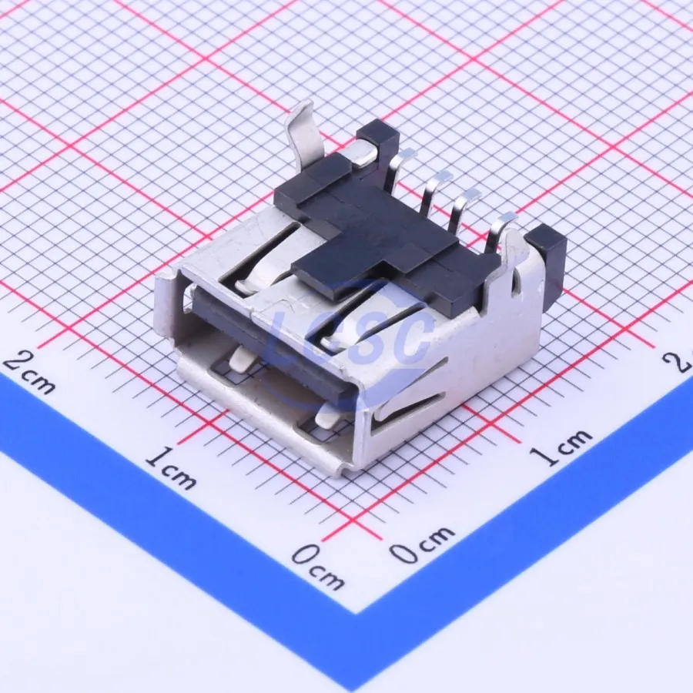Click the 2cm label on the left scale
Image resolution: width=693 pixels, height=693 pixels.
(x=29, y=373)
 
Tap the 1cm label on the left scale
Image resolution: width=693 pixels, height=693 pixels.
(x=171, y=468)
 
